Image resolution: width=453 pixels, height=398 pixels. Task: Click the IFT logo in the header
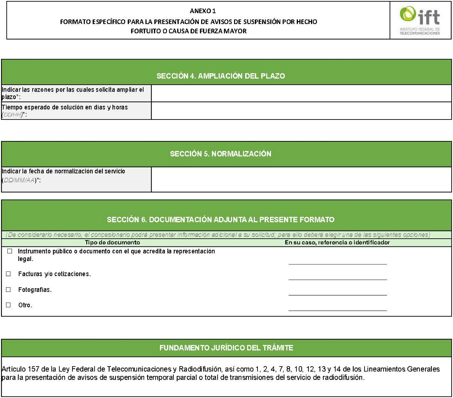click(420, 20)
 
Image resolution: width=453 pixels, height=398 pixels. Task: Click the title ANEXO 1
click(200, 11)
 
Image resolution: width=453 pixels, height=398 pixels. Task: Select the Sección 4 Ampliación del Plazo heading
click(221, 76)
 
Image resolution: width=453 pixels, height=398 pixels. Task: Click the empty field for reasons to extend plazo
click(301, 93)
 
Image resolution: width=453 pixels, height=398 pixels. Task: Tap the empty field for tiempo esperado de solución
click(301, 111)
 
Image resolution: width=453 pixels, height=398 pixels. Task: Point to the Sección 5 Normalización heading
click(220, 154)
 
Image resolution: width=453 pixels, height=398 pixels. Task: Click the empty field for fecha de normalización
click(301, 179)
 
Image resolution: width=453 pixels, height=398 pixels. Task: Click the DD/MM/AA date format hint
click(19, 180)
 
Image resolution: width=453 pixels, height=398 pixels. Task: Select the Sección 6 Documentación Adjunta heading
click(220, 220)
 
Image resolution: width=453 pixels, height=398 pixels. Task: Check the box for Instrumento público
click(10, 251)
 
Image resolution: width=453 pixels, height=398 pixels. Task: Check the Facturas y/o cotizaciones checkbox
click(8, 274)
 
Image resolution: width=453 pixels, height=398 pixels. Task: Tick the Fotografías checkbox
click(8, 290)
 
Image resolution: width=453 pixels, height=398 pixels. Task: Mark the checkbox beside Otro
click(8, 305)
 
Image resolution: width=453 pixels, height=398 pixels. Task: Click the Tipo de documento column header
click(112, 242)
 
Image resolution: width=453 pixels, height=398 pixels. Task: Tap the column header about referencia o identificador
click(337, 242)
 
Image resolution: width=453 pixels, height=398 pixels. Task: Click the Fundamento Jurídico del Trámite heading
click(226, 348)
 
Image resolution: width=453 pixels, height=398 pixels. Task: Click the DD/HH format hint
click(12, 115)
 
